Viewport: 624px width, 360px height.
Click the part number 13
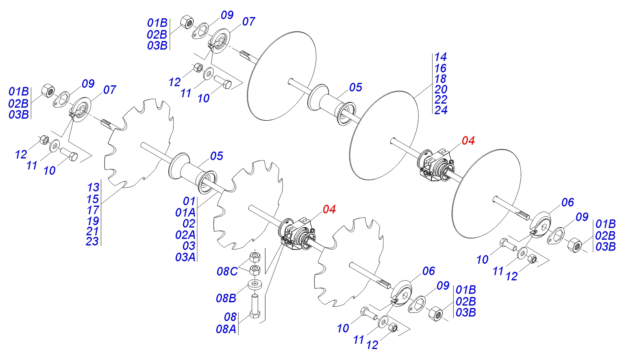pyautogui.click(x=93, y=188)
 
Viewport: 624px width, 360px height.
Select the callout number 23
pyautogui.click(x=92, y=241)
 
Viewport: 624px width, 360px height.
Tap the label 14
pyautogui.click(x=440, y=57)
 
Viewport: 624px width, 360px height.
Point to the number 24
pyautogui.click(x=441, y=111)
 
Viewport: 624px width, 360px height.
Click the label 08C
pyautogui.click(x=227, y=271)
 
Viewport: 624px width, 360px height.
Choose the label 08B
pyautogui.click(x=226, y=299)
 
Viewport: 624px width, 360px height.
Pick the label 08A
pyautogui.click(x=226, y=329)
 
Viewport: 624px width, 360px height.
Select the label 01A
pyautogui.click(x=185, y=213)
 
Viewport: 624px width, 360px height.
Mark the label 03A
pyautogui.click(x=185, y=257)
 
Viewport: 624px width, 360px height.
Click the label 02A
pyautogui.click(x=185, y=235)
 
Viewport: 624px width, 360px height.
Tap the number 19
pyautogui.click(x=93, y=221)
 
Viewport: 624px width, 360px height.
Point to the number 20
pyautogui.click(x=441, y=89)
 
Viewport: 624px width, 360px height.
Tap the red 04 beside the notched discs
pyautogui.click(x=329, y=209)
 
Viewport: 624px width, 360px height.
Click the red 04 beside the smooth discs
pyautogui.click(x=468, y=141)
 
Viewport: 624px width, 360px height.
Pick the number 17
pyautogui.click(x=93, y=210)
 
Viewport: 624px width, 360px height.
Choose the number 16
pyautogui.click(x=440, y=68)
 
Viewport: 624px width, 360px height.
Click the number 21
pyautogui.click(x=93, y=231)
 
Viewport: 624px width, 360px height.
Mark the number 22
pyautogui.click(x=441, y=100)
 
